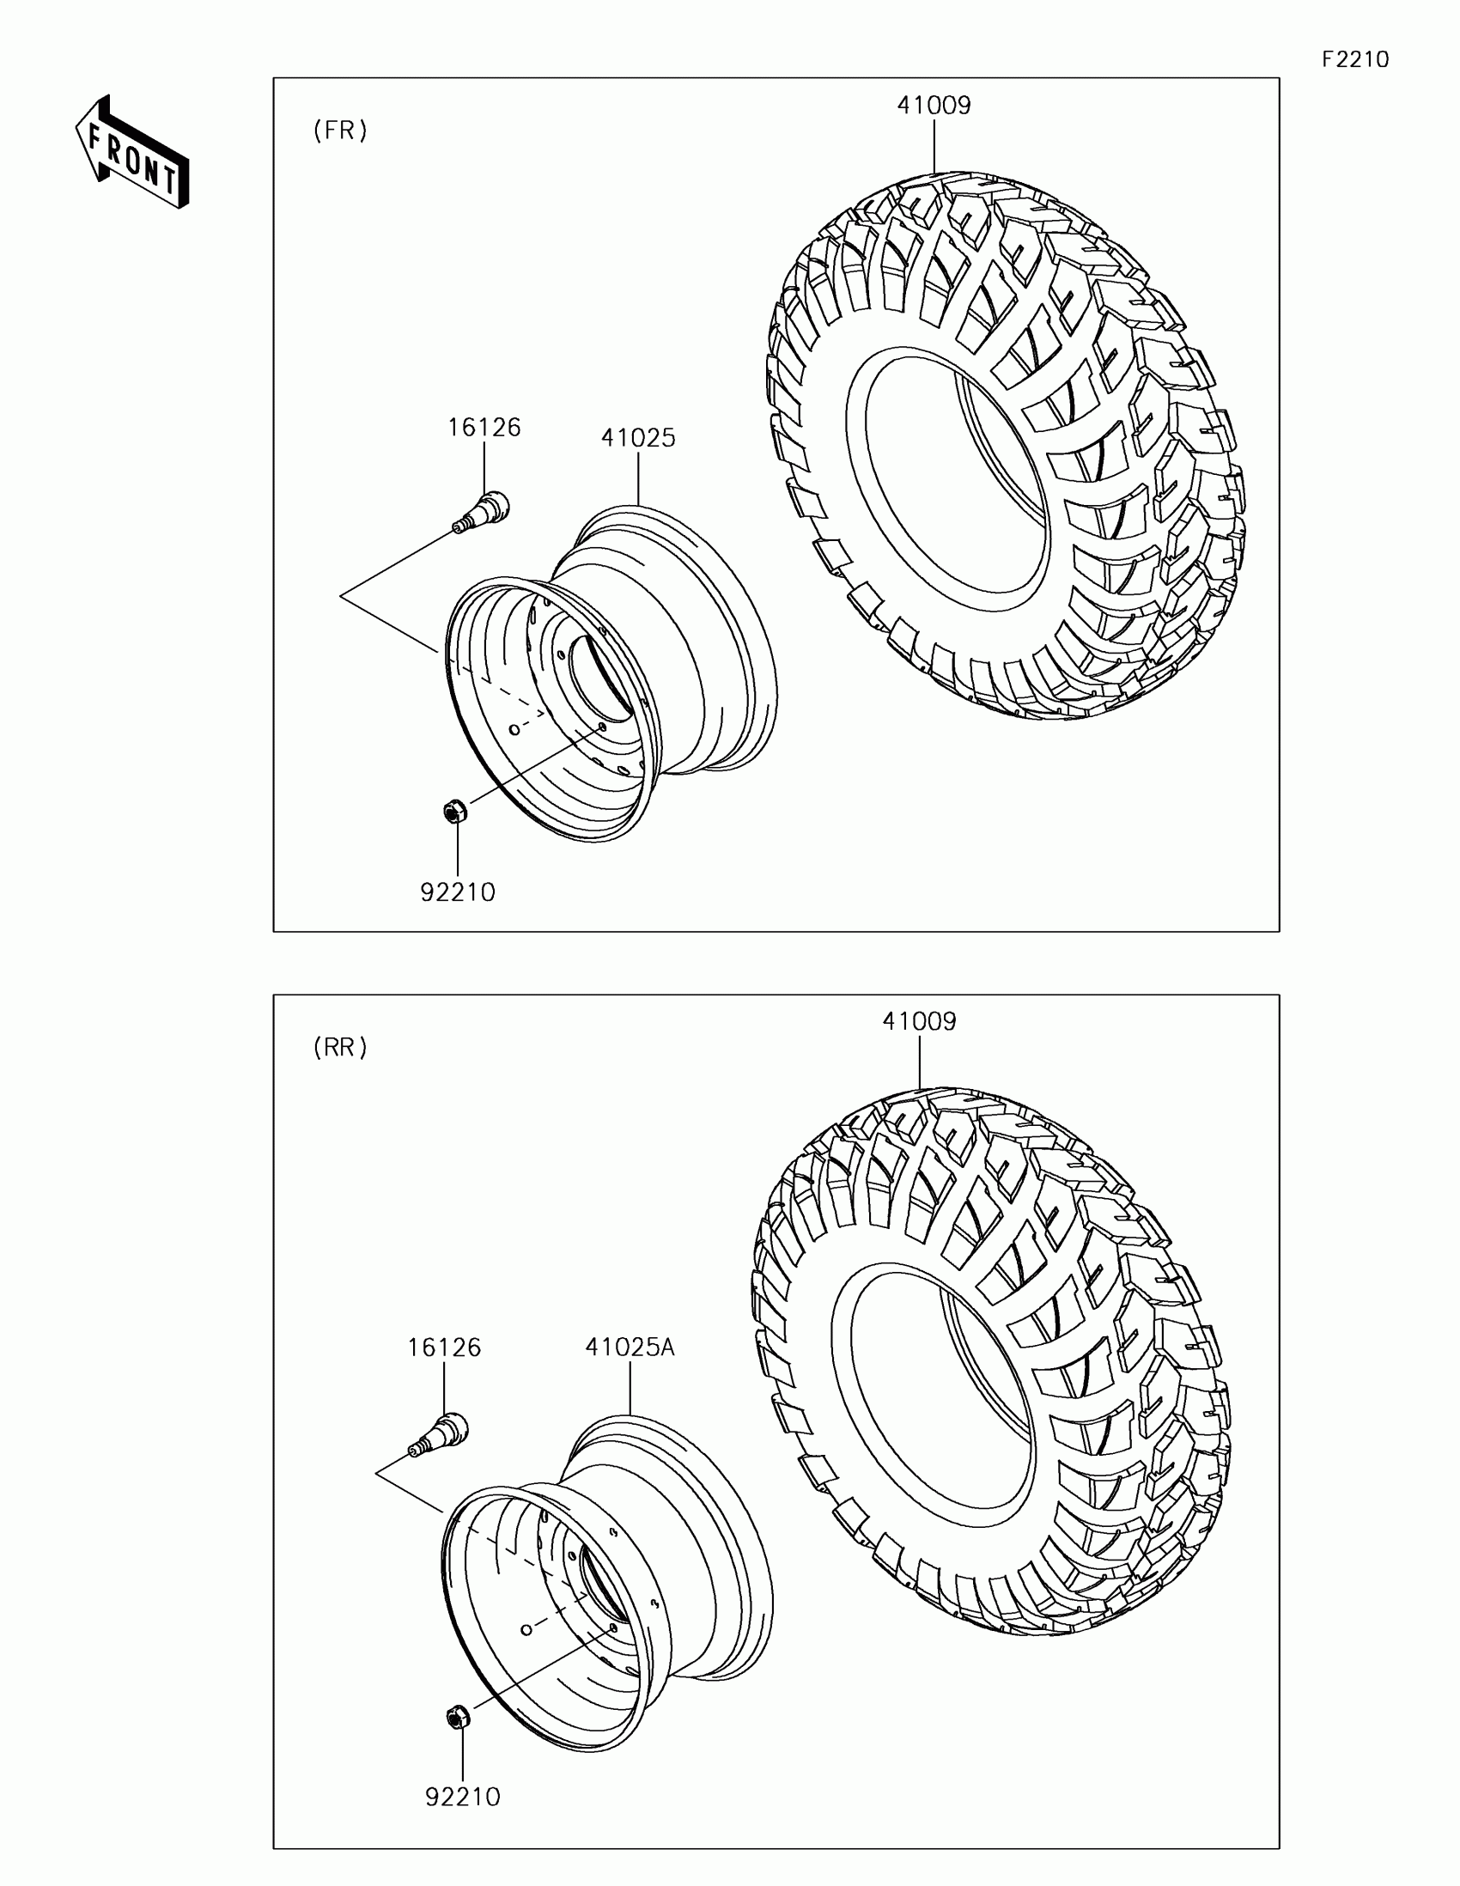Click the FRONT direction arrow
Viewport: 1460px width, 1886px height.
tap(132, 152)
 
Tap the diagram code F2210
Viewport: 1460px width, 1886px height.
tap(1355, 59)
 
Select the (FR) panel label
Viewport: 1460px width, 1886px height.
tap(340, 131)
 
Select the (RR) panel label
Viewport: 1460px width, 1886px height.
tap(340, 1048)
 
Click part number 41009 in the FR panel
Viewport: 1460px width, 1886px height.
tap(934, 106)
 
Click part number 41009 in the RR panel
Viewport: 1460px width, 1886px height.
tap(920, 1022)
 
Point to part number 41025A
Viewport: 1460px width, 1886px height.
tap(630, 1348)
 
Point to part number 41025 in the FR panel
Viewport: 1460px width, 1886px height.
tap(638, 438)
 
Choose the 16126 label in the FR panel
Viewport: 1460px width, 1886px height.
tap(484, 428)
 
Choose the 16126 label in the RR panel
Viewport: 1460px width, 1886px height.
tap(444, 1348)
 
